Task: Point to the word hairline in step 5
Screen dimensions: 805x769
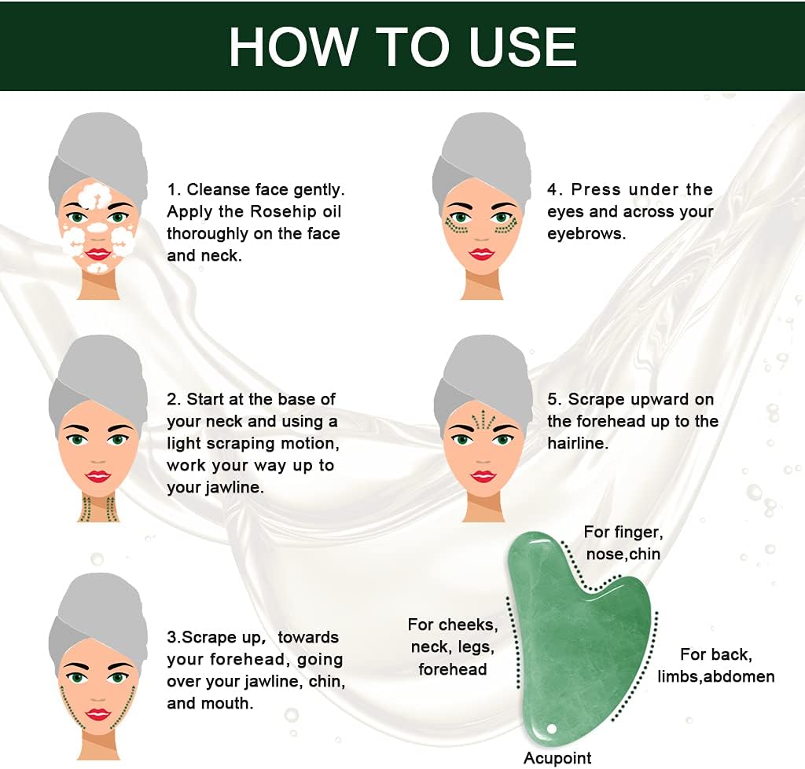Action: (x=578, y=443)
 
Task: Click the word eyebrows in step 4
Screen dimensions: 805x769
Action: (x=586, y=234)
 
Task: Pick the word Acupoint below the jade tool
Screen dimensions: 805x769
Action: (x=557, y=758)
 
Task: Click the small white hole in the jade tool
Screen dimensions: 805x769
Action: (x=552, y=728)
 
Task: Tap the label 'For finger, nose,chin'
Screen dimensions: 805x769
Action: (x=623, y=543)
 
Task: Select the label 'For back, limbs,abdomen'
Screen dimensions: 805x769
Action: (x=716, y=665)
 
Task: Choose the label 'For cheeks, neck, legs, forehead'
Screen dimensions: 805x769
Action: (x=452, y=646)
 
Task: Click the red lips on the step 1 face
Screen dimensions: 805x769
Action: (x=97, y=254)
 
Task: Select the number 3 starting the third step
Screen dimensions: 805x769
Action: (x=171, y=637)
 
